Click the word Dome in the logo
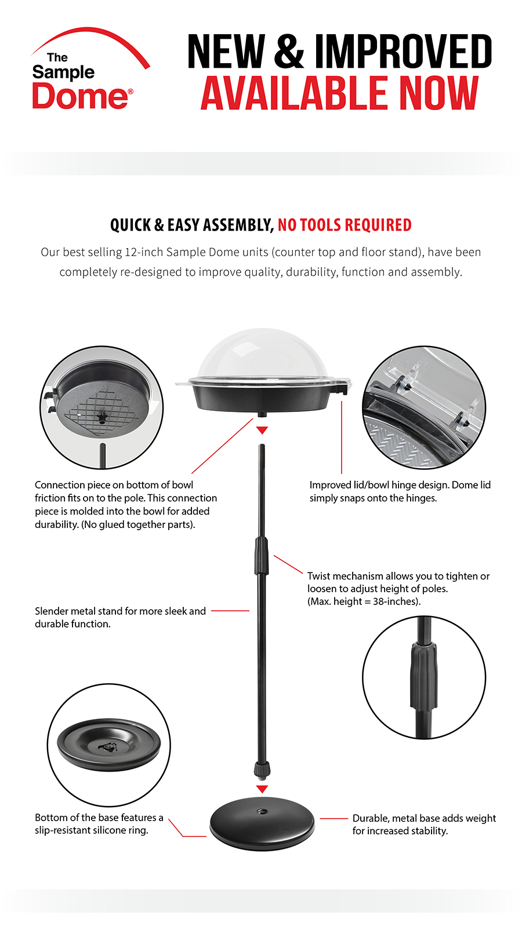80,96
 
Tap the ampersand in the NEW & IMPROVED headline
289,51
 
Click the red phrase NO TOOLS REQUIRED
345,225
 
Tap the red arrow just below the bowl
262,431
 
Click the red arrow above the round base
262,789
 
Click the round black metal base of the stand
262,824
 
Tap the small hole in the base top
261,812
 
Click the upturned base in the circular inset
109,745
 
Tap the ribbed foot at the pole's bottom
262,770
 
